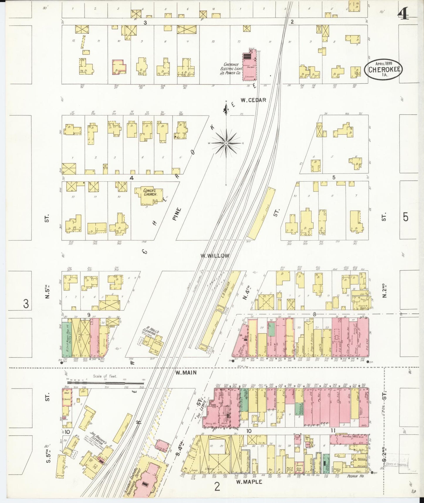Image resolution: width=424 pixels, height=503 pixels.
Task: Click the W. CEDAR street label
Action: pyautogui.click(x=253, y=100)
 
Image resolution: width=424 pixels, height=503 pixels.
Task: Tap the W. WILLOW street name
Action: pyautogui.click(x=214, y=256)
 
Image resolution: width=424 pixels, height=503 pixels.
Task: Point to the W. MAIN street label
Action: pyautogui.click(x=186, y=373)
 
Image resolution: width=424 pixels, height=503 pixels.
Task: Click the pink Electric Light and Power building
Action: pyautogui.click(x=249, y=66)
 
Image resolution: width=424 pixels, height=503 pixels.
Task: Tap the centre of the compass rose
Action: pyautogui.click(x=226, y=143)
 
